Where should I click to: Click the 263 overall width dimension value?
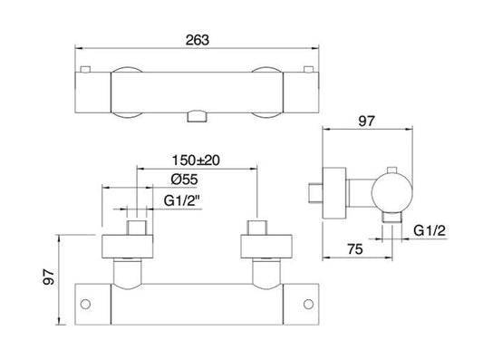tap(198, 39)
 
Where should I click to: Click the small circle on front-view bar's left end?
tap(87, 302)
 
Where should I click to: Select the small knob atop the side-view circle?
tap(391, 170)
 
